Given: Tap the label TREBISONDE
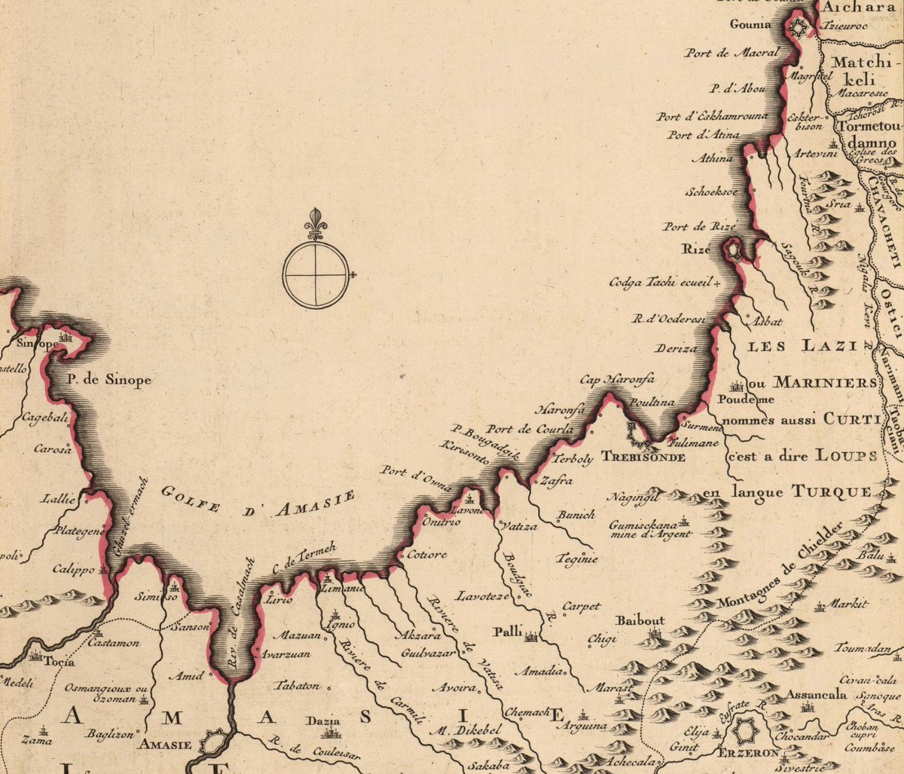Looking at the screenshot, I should pos(643,457).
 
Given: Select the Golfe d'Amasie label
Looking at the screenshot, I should pos(258,502).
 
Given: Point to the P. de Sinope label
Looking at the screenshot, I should pos(110,379).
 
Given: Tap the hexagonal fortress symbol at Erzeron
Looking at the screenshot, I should pos(744,732).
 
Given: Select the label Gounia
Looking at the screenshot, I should pos(750,24).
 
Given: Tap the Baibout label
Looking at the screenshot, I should pos(640,621).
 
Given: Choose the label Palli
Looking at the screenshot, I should pos(508,631).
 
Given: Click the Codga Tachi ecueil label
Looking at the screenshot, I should pos(661,283).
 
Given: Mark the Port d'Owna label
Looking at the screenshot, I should pos(415,482).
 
